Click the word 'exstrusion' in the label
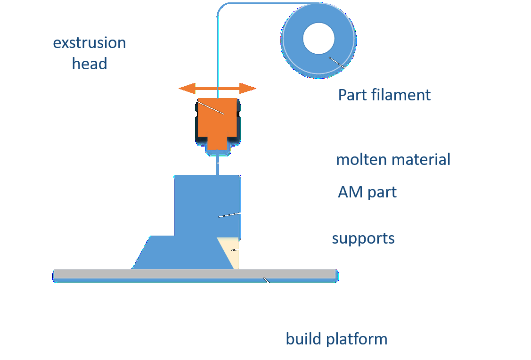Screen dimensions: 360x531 pos(89,43)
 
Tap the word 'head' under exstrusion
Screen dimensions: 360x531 pos(89,64)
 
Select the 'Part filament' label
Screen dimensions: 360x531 pos(384,95)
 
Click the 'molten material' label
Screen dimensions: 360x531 pos(393,160)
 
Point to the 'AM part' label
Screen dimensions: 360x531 pos(367,192)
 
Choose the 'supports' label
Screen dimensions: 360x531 pos(363,238)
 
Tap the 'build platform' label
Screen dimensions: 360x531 pos(336,339)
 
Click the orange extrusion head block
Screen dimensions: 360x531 pos(217,118)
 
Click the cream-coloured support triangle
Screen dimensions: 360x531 pos(233,254)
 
